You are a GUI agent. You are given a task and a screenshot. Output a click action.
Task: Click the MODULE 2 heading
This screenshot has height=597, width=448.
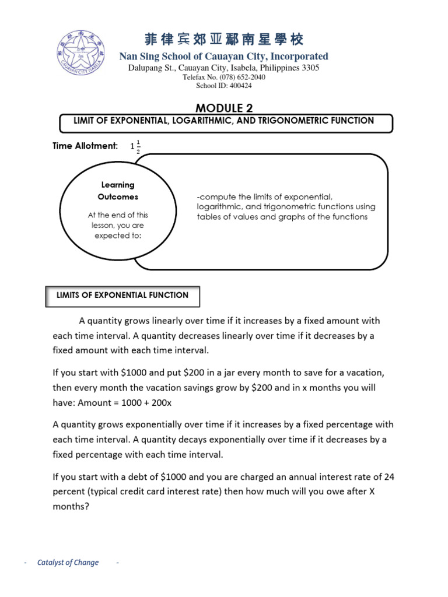coord(224,107)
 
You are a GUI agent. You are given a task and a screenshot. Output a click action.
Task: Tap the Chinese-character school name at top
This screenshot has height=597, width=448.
coord(224,40)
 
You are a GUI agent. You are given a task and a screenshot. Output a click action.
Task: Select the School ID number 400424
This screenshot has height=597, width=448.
coord(240,86)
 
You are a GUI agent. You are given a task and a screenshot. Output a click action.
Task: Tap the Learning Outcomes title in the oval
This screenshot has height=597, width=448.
coord(118,191)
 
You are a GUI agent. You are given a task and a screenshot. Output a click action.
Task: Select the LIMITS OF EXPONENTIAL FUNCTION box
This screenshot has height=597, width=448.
coord(123,296)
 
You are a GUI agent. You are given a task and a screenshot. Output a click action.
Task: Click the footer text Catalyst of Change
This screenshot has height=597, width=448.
coord(68,563)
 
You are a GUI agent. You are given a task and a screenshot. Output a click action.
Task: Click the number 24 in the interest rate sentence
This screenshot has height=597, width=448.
coord(389,476)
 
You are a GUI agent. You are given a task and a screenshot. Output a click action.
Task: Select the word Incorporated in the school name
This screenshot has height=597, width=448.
coord(299,57)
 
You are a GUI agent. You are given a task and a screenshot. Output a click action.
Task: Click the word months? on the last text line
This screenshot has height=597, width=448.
coord(70,507)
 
